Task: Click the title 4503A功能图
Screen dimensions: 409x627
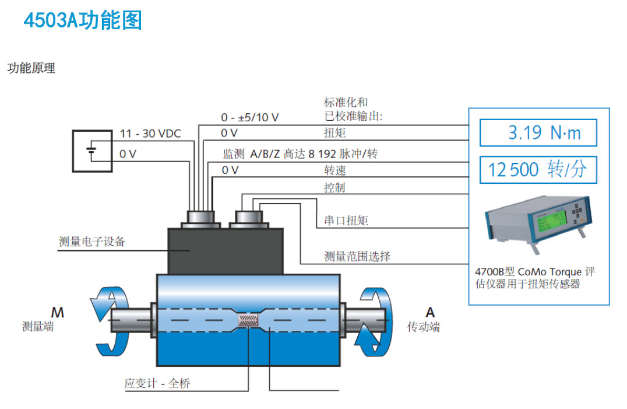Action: tap(82, 20)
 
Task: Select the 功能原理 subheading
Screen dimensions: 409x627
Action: tap(31, 68)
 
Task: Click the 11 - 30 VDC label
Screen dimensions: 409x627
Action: tap(150, 134)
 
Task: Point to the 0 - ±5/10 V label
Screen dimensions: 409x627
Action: tap(249, 117)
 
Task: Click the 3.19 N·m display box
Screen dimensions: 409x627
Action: tap(538, 132)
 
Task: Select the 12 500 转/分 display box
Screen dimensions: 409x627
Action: tap(538, 170)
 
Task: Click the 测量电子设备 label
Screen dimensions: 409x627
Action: tap(92, 242)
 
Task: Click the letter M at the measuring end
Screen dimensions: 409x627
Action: tap(57, 312)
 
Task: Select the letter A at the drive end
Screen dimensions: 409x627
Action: tap(430, 312)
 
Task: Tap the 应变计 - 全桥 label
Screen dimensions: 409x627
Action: tap(157, 383)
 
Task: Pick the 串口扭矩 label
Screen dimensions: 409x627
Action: tap(346, 221)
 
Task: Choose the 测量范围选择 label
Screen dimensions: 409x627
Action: tap(357, 256)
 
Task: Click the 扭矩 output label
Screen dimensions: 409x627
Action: tap(334, 134)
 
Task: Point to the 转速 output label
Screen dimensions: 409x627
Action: tap(334, 170)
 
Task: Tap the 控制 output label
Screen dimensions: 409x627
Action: tap(334, 188)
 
